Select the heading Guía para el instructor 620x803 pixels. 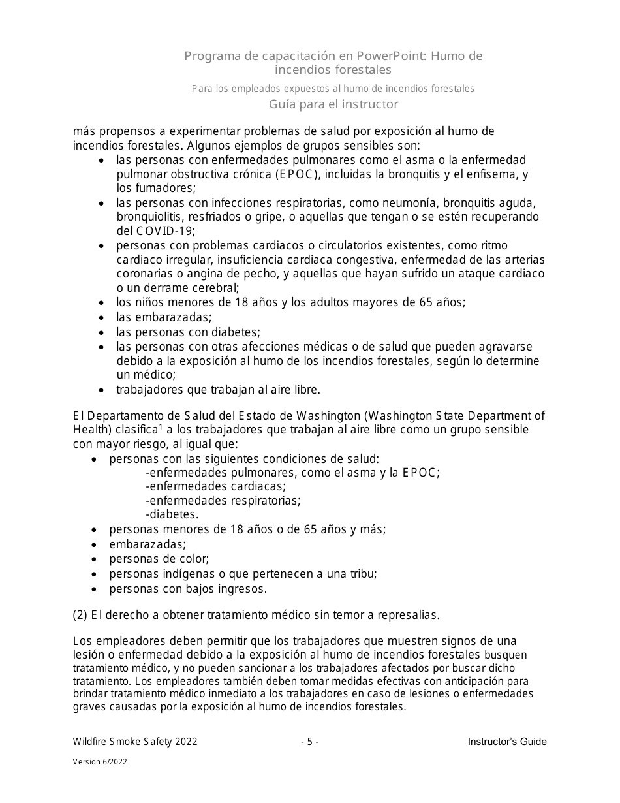click(333, 104)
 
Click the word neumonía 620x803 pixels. click(369, 202)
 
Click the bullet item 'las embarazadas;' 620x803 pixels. click(164, 317)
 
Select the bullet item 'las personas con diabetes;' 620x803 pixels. click(188, 332)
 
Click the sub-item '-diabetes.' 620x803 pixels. click(172, 515)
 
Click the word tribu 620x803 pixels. click(361, 574)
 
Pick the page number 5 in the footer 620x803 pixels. click(310, 742)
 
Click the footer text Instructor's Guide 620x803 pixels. click(507, 742)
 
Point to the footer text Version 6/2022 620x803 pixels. click(100, 762)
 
